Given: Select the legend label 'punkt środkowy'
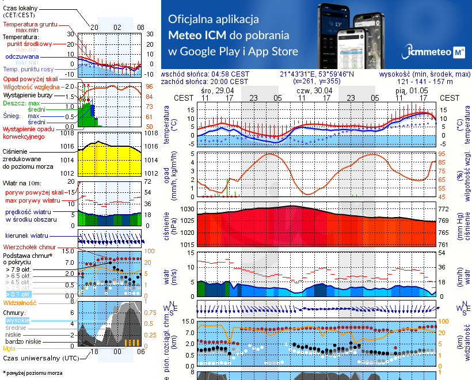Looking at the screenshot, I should tap(29, 44).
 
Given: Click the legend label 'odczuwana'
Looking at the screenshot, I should tap(22, 57).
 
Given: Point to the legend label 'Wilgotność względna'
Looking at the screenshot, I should tap(32, 86).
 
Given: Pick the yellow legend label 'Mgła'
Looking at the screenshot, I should tap(9, 348).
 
